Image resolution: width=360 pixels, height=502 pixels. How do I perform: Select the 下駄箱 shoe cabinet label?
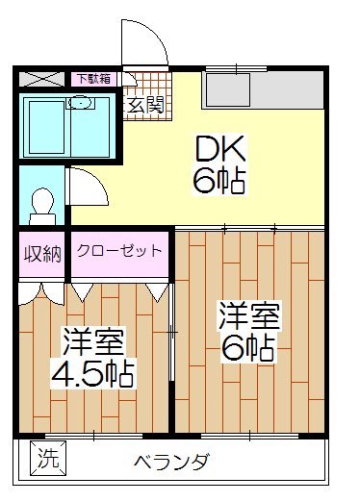92,79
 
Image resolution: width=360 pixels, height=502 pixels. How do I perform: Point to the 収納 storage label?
42,255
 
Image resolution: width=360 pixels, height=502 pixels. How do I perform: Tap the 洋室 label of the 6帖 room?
248,315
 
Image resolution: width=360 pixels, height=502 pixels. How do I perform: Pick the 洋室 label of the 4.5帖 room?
94,340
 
